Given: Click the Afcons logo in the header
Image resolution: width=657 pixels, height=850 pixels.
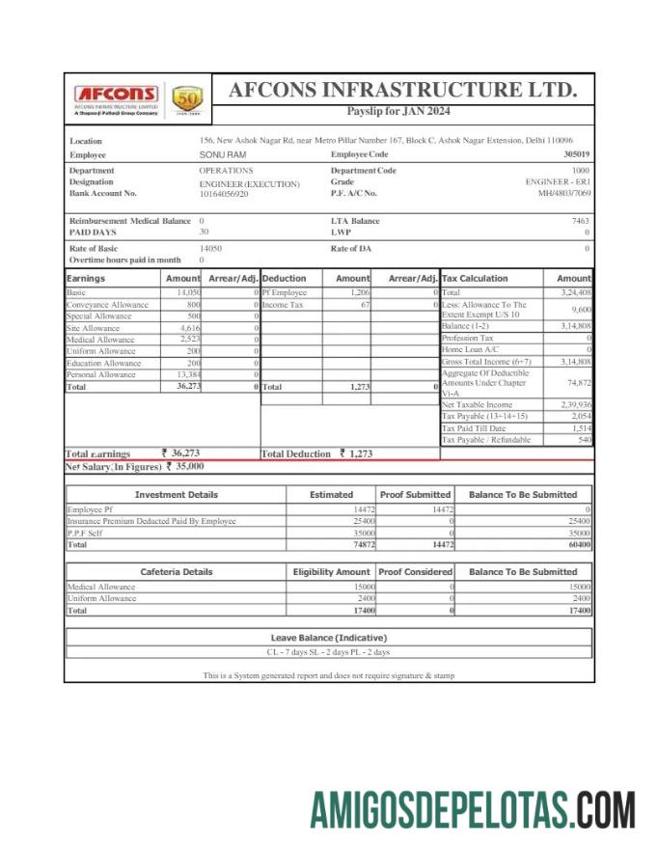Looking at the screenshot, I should (x=117, y=96).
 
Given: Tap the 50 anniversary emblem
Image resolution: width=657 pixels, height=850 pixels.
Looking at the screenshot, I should (x=186, y=98).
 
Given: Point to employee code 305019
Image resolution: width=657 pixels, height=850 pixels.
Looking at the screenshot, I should (x=577, y=154).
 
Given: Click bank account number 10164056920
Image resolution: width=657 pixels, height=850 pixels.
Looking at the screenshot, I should (x=224, y=194).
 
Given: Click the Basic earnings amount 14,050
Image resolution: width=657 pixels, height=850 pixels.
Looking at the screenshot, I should (x=188, y=292).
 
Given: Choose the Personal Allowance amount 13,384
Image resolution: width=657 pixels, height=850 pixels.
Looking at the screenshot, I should (x=187, y=374).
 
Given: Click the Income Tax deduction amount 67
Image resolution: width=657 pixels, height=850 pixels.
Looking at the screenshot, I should (x=365, y=305).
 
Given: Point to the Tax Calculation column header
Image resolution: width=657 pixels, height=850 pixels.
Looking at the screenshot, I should (x=475, y=278).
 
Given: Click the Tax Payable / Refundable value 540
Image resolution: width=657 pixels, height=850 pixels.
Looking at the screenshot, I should (x=584, y=440).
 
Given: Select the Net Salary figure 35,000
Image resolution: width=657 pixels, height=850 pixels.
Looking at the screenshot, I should (x=188, y=466).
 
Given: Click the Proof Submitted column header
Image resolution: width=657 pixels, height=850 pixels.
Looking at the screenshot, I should (x=415, y=494).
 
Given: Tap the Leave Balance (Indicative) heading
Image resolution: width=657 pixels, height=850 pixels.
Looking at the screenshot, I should (x=328, y=638).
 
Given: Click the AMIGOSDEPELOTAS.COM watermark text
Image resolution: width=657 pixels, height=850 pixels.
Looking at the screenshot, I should (x=472, y=809).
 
